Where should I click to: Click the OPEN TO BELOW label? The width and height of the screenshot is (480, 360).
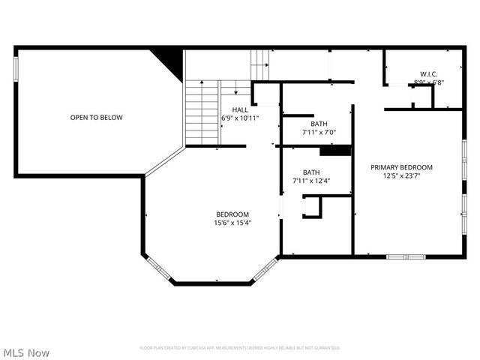[96, 118]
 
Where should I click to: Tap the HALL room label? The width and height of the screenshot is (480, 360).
[240, 109]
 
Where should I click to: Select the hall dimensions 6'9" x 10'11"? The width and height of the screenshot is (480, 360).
[240, 118]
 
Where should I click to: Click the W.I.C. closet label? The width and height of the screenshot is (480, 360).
[428, 73]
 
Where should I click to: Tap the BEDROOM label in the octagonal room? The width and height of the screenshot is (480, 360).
[232, 214]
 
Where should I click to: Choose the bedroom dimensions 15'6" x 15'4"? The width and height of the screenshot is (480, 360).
[232, 223]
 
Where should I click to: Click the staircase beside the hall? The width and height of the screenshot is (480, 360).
[202, 112]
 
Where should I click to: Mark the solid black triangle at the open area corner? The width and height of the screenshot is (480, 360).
[171, 60]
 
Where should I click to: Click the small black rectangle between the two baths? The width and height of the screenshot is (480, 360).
[335, 151]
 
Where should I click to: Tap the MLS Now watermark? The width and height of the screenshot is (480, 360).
[26, 352]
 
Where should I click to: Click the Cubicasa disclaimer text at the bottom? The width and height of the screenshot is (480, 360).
[240, 348]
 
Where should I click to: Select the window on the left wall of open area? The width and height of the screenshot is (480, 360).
[16, 68]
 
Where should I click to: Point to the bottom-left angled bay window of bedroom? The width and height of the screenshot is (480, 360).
[158, 269]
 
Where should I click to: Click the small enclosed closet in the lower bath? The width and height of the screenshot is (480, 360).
[311, 206]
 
